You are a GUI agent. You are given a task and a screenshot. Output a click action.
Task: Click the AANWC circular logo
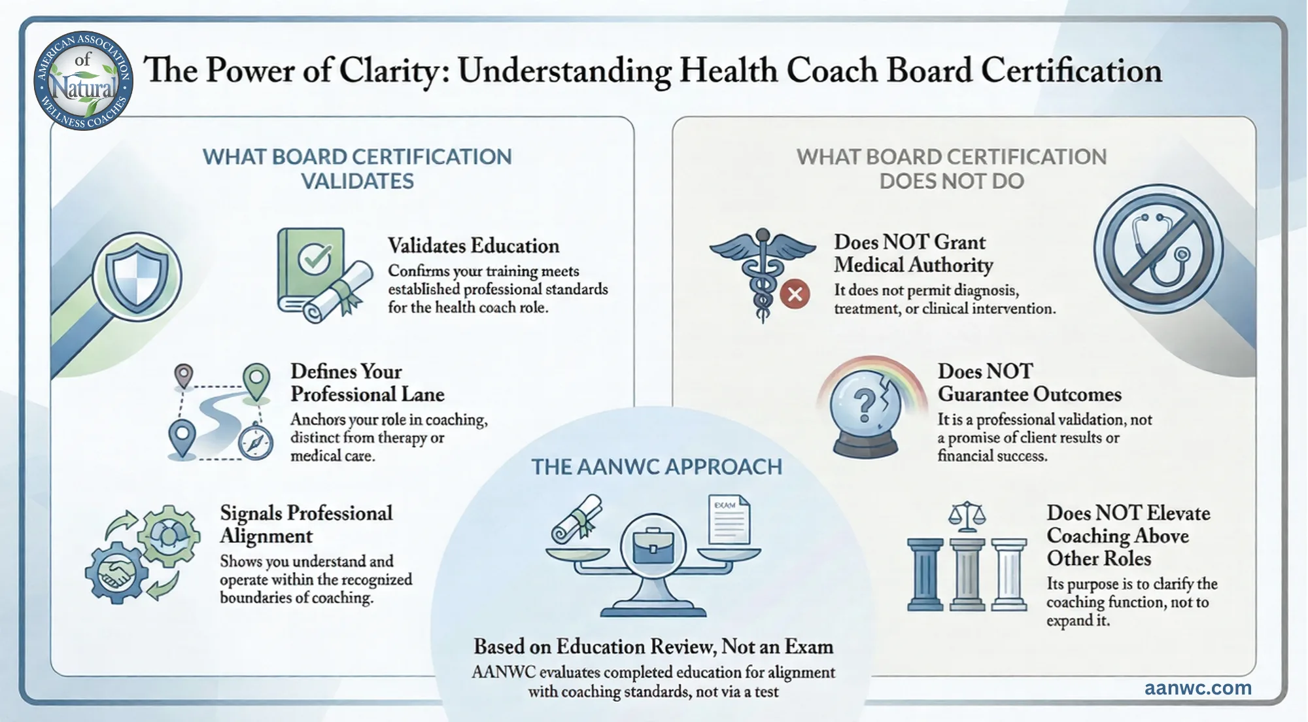[83, 80]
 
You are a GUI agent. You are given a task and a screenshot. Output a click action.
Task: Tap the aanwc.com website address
[1198, 688]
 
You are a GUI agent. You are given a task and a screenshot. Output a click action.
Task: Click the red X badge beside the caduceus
[795, 294]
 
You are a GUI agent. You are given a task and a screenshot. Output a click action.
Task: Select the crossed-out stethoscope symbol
[1158, 249]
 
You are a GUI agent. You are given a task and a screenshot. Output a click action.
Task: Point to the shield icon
[137, 277]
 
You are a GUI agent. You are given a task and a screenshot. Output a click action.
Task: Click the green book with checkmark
[311, 270]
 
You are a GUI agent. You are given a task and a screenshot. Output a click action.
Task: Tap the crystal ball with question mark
[865, 409]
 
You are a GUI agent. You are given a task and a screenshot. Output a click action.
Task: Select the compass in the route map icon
[255, 442]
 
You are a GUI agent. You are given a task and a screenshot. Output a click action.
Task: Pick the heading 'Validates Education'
[473, 246]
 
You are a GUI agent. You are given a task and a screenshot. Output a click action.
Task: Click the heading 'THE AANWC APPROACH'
[657, 467]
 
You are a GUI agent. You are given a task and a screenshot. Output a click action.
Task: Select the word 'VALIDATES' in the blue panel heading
[358, 181]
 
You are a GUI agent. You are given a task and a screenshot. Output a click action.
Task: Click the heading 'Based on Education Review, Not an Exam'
[653, 647]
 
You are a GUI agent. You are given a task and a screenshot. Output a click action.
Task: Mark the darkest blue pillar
[925, 574]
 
